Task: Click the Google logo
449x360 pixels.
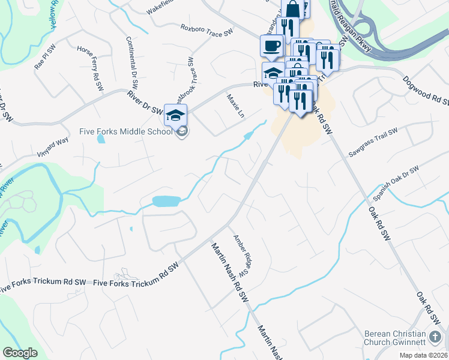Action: [20, 353]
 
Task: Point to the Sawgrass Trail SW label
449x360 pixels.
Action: [373, 142]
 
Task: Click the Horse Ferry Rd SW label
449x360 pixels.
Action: [91, 68]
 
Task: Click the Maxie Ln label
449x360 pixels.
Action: [235, 106]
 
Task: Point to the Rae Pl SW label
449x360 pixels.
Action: [44, 58]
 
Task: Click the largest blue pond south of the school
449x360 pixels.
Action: [167, 201]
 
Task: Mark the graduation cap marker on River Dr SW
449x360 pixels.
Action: [176, 115]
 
